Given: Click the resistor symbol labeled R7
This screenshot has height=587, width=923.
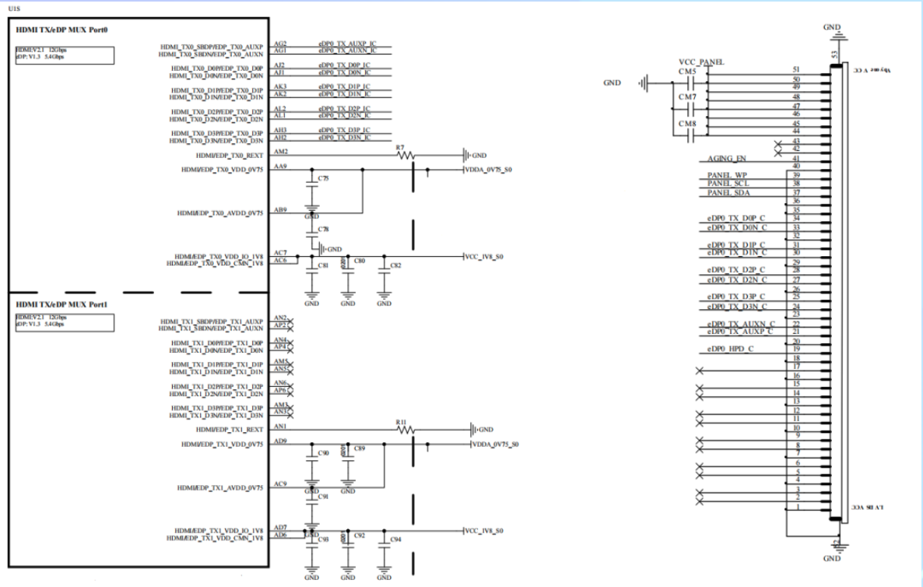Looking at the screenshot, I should pyautogui.click(x=405, y=155).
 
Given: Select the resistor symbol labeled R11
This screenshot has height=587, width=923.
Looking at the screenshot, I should pyautogui.click(x=405, y=430).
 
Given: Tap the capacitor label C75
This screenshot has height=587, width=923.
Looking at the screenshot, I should pyautogui.click(x=324, y=179).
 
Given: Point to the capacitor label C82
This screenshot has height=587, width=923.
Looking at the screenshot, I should pyautogui.click(x=396, y=265).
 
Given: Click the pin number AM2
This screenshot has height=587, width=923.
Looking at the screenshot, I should pyautogui.click(x=282, y=151).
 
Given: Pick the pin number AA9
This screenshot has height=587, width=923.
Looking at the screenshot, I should pyautogui.click(x=281, y=167).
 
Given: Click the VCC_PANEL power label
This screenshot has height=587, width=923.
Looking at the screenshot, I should pyautogui.click(x=702, y=62).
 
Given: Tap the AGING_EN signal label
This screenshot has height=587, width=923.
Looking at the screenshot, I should pyautogui.click(x=726, y=157).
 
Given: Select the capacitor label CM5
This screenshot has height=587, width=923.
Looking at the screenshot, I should pyautogui.click(x=686, y=72).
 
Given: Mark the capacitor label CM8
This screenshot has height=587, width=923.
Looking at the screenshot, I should pyautogui.click(x=686, y=123).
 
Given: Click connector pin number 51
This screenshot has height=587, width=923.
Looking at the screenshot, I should pyautogui.click(x=794, y=69).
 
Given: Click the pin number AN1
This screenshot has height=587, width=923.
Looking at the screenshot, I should pyautogui.click(x=281, y=426).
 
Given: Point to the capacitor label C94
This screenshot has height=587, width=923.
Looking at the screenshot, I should pyautogui.click(x=396, y=540).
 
